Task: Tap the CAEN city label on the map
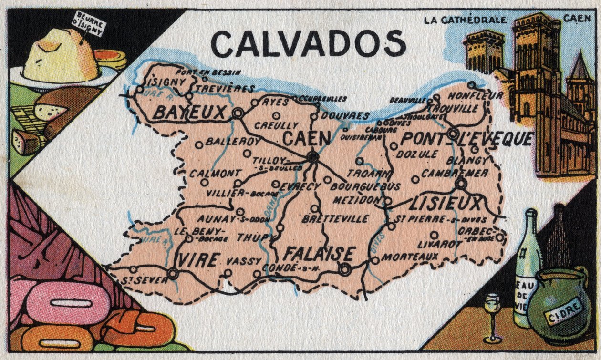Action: [x=306, y=139]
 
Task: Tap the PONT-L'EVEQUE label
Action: [x=466, y=139]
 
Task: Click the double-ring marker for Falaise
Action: [x=345, y=269]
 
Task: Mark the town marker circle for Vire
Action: [x=173, y=273]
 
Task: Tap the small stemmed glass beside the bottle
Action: [x=492, y=315]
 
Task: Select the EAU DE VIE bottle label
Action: [x=524, y=291]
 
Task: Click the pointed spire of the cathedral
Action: [x=580, y=67]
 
